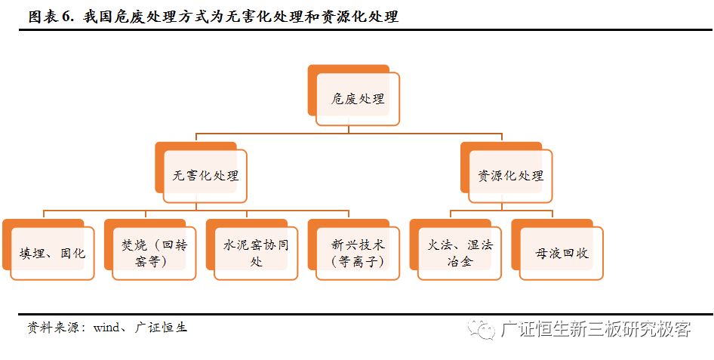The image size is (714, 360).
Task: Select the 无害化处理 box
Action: pyautogui.click(x=205, y=176)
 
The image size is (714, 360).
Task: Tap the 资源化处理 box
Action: pyautogui.click(x=510, y=176)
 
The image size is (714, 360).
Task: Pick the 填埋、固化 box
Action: pyautogui.click(x=53, y=254)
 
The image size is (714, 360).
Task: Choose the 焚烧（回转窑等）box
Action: pyautogui.click(x=154, y=254)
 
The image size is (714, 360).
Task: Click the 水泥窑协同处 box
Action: pyautogui.click(x=256, y=254)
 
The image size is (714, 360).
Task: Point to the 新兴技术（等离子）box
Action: pyautogui.click(x=358, y=254)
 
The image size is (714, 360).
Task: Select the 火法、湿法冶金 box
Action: pyautogui.click(x=460, y=254)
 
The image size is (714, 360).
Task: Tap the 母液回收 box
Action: pyautogui.click(x=561, y=254)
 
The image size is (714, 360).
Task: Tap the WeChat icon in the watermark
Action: pyautogui.click(x=479, y=328)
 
